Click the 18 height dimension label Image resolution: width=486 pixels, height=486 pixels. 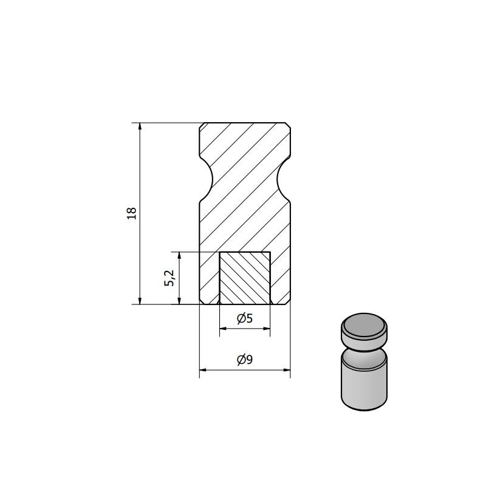coord(132,213)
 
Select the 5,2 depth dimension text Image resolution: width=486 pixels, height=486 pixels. coord(170,278)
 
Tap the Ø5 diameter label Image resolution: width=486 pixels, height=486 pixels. coord(245,318)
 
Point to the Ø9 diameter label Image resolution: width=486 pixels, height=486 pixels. coord(245,360)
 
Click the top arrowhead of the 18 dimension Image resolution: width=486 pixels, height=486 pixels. coord(140,126)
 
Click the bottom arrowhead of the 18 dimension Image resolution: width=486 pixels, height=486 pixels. coord(140,301)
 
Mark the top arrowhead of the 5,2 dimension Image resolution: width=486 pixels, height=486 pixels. coord(179,256)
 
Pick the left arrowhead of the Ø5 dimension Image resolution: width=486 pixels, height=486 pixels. coord(223,329)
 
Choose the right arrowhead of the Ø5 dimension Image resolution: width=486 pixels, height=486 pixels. coord(267,329)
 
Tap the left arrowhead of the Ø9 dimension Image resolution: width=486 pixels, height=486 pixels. coord(203,370)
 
